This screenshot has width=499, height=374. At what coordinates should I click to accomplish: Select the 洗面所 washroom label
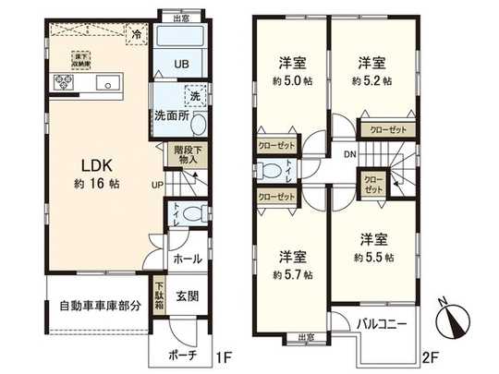tap(172, 117)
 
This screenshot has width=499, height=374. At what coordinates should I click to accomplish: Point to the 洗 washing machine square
tap(195, 94)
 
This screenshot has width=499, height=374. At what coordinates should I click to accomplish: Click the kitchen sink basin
tap(109, 84)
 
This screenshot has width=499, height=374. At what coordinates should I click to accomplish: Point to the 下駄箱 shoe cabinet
tap(159, 296)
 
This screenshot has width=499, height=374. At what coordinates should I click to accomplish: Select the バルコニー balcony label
tap(385, 324)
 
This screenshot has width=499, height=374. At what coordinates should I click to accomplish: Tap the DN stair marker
tap(348, 154)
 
